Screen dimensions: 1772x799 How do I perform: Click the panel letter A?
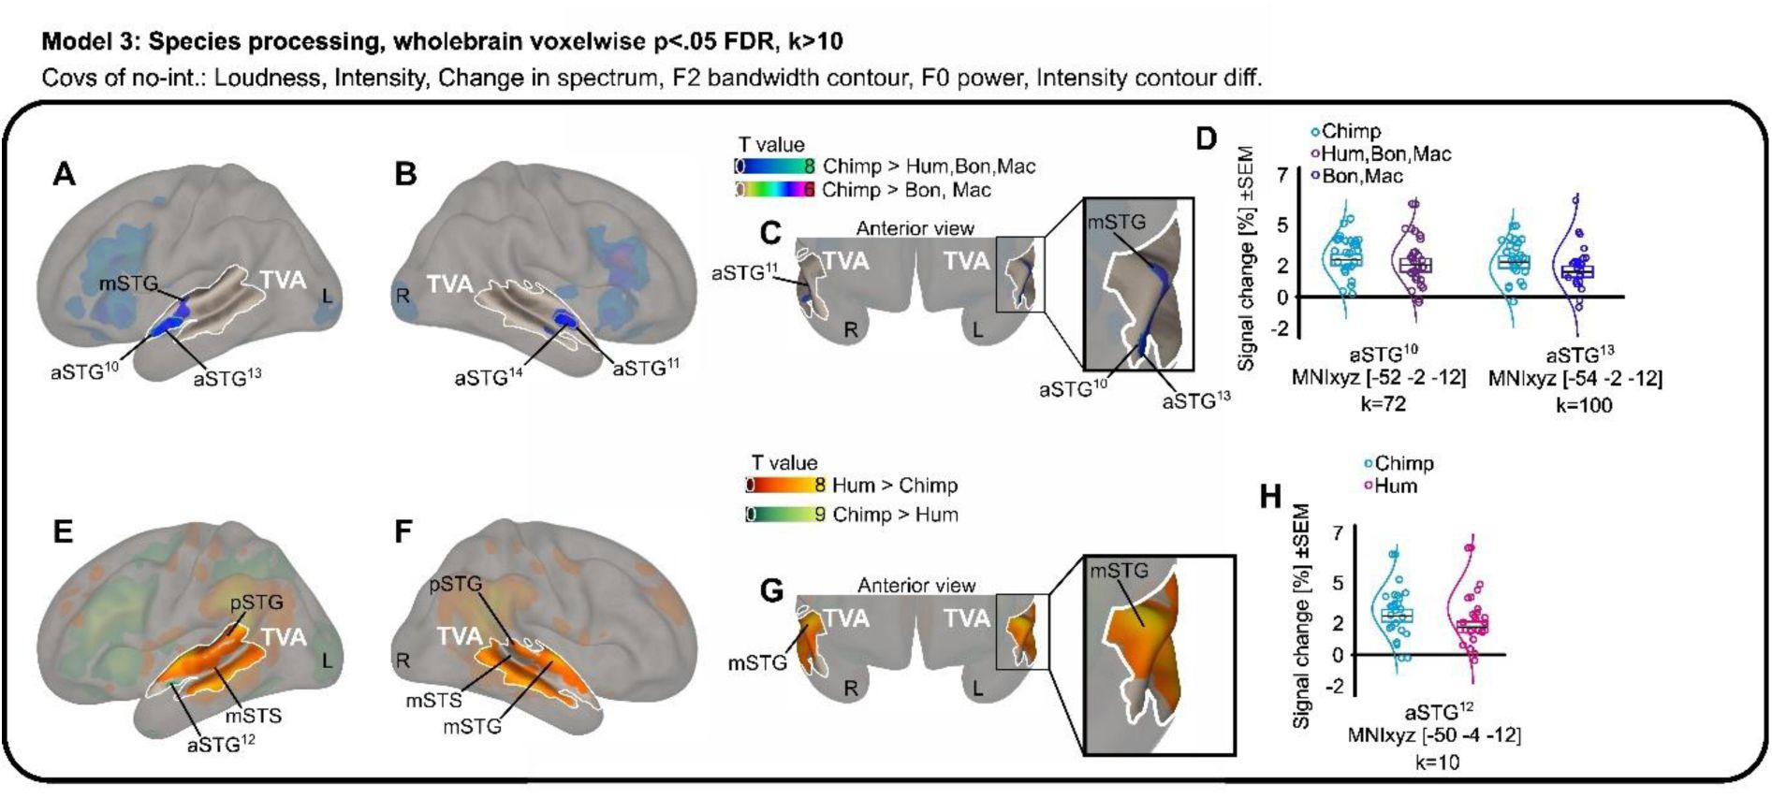[64, 174]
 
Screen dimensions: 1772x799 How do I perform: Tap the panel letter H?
[1269, 496]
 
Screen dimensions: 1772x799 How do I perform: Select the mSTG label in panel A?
[129, 283]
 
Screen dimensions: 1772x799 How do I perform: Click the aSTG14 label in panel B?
[488, 378]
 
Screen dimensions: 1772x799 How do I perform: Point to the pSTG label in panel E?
[256, 603]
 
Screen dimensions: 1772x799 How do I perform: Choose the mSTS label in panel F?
[433, 700]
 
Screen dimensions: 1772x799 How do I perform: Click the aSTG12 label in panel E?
[221, 744]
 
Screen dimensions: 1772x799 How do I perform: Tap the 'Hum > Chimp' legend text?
[894, 486]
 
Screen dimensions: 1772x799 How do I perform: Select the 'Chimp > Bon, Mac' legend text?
[905, 190]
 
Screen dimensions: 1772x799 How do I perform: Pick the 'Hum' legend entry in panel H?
[1395, 486]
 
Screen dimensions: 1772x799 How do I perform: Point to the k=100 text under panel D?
[1584, 405]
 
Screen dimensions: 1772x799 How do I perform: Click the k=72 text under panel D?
[1383, 404]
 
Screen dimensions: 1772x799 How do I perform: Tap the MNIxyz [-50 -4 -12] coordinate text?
[1434, 735]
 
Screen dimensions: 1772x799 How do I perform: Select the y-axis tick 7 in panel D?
[1282, 175]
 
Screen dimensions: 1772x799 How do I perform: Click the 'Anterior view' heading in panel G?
[916, 586]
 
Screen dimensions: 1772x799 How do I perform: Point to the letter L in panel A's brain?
[327, 297]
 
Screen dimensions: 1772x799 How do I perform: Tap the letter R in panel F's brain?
[403, 661]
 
